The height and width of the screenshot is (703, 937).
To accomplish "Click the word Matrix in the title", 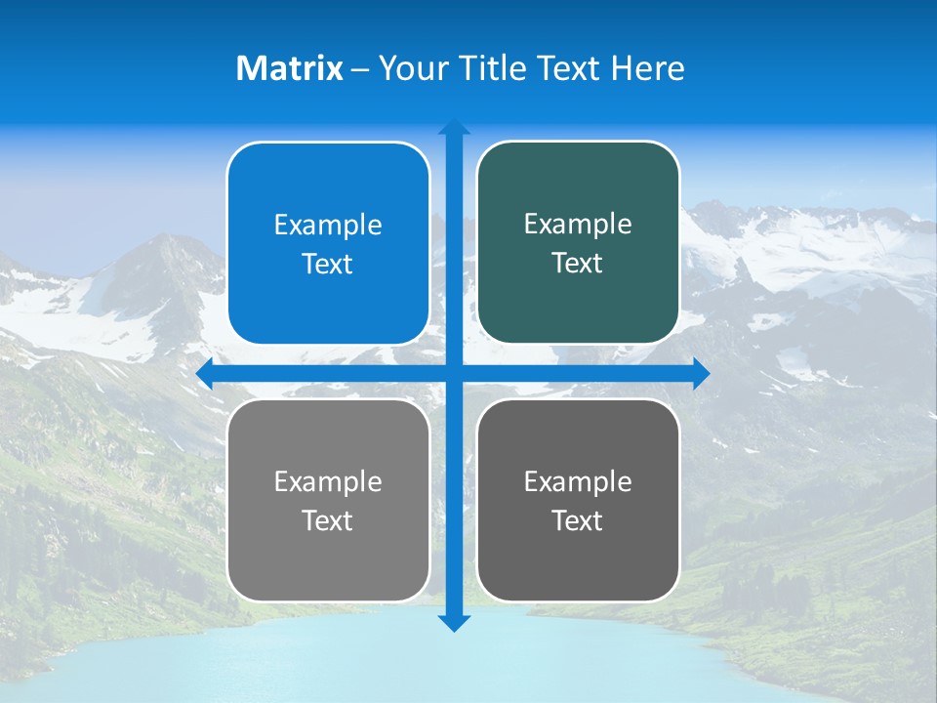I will point(290,68).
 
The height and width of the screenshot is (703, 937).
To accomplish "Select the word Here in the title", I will point(647,68).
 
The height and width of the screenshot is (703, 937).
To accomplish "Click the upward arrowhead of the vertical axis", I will point(454,128).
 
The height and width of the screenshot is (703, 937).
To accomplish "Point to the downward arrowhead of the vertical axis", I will point(454,622).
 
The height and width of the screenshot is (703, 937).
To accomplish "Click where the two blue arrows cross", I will point(454,373).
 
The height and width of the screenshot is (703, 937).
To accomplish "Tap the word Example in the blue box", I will point(328,226).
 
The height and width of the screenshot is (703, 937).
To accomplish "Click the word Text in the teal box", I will point(578,264).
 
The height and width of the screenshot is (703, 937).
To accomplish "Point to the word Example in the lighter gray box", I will point(328,482).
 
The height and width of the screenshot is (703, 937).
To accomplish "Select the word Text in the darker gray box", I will point(578,521).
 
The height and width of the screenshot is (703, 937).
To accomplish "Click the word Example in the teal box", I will point(578,225).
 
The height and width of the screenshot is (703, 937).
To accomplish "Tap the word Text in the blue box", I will point(328,265).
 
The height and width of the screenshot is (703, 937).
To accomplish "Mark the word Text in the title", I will point(570,68).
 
